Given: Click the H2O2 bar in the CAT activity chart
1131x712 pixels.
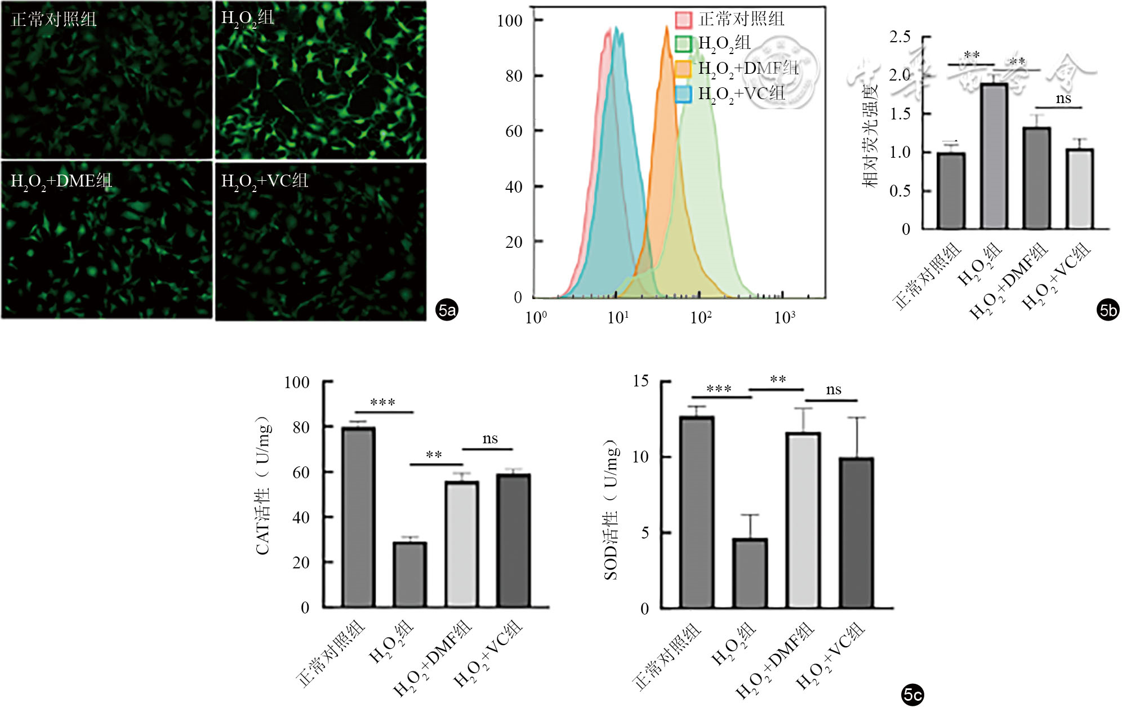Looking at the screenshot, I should click(410, 575).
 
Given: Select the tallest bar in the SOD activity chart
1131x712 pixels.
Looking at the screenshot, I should click(697, 513).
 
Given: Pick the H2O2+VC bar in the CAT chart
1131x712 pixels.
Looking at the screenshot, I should click(513, 541).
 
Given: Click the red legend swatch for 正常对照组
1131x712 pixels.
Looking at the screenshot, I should click(683, 20).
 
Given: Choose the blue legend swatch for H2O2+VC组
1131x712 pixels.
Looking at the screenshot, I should click(683, 94).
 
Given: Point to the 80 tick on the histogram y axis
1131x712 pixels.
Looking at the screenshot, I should click(514, 75).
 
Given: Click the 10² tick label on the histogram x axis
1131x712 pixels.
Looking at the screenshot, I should click(701, 318).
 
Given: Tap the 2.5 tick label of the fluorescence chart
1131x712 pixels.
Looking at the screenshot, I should click(900, 37).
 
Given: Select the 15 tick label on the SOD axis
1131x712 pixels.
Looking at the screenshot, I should click(640, 381).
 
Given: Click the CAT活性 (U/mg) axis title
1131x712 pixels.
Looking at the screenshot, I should click(263, 486).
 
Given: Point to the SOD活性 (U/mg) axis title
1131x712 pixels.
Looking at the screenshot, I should click(611, 510).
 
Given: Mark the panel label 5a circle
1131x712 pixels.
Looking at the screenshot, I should click(447, 310).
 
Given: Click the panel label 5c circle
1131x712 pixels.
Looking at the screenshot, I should click(912, 694).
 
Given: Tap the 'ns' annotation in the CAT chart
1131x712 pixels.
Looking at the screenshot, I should click(490, 439).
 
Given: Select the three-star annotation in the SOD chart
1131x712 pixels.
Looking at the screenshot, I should click(719, 389).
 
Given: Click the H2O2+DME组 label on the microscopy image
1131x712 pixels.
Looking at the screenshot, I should click(61, 181).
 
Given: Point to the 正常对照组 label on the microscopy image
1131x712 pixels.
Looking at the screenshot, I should click(54, 20).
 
